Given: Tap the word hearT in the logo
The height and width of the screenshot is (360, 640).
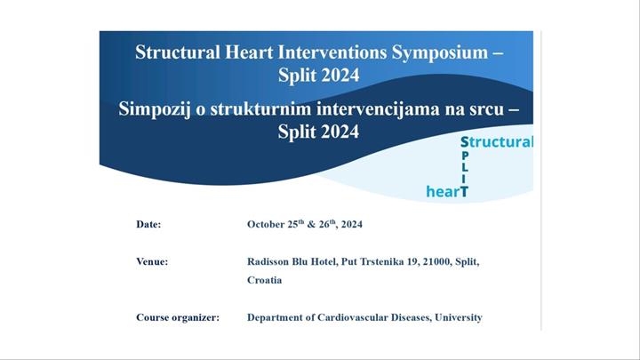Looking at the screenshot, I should [447, 191].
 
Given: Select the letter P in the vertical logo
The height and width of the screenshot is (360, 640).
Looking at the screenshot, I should [465, 155].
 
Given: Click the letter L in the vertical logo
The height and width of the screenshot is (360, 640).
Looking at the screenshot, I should [465, 167].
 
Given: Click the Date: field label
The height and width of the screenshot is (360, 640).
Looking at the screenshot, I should [148, 225].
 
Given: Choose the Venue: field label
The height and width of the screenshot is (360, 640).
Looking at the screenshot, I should [152, 262].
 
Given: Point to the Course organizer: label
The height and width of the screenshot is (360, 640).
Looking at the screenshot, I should [177, 317].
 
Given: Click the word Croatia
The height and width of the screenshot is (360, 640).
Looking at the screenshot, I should [264, 280].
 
